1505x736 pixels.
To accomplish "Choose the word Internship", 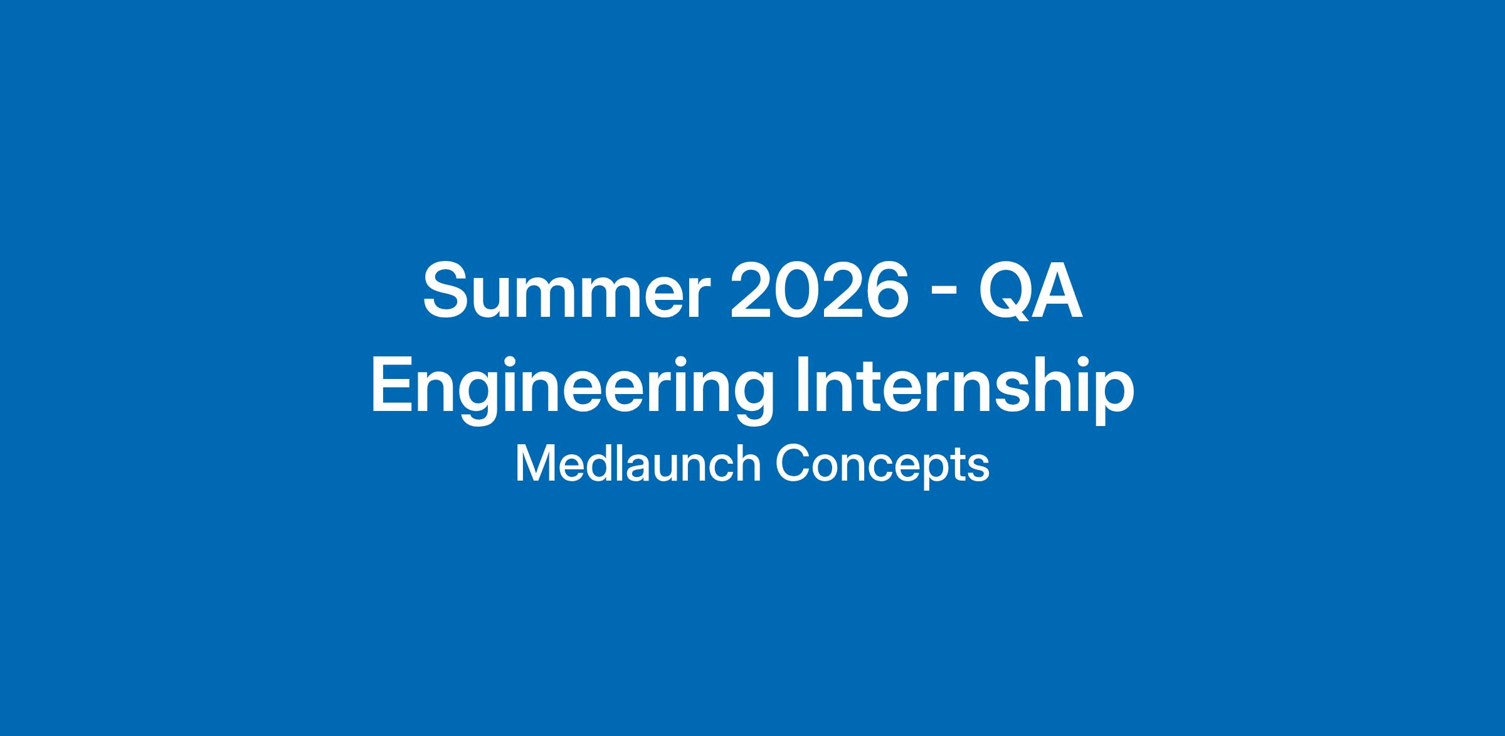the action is [x=964, y=390].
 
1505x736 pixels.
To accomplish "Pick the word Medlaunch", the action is [x=638, y=464].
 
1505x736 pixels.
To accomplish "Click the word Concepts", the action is [x=882, y=466].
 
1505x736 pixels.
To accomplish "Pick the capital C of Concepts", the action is [x=792, y=464].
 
